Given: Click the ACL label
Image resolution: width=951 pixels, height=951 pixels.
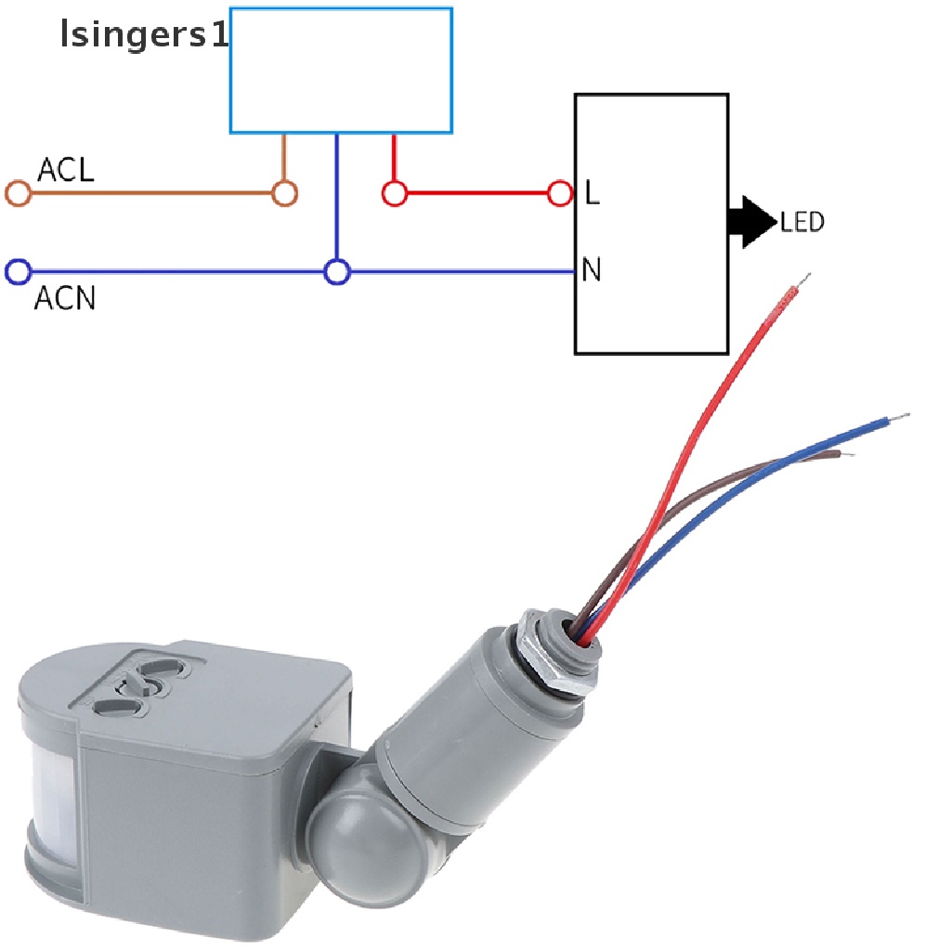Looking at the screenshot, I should [x=65, y=171].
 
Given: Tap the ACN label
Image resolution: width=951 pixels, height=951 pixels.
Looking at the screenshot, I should [x=65, y=299].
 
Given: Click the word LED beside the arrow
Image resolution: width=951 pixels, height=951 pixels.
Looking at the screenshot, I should [x=802, y=223].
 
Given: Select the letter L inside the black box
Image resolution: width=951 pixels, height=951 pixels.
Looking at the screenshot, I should [x=592, y=194].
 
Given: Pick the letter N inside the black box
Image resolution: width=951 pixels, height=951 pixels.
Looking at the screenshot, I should [x=592, y=270].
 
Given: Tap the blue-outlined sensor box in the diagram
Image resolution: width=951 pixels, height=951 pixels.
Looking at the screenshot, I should [x=341, y=70].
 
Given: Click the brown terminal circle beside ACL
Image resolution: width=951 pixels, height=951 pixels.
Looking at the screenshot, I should [x=19, y=194].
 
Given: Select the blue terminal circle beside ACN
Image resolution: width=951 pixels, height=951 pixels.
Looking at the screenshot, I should [x=19, y=272].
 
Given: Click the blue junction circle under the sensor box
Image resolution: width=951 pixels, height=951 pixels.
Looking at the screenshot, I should [x=337, y=272].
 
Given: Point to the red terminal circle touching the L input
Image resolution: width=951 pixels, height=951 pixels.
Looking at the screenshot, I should [x=560, y=194].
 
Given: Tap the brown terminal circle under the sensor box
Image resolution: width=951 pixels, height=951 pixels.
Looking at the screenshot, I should [x=284, y=194].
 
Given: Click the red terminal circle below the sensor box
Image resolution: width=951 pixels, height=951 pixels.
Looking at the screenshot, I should [x=395, y=194].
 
